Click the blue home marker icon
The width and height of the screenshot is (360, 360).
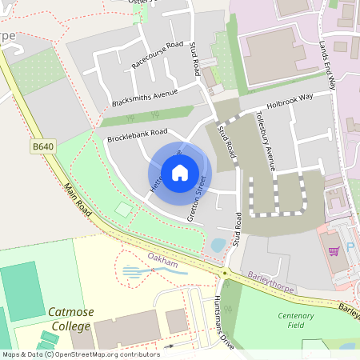tap(180, 172)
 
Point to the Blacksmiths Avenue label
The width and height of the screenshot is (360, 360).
tap(144, 98)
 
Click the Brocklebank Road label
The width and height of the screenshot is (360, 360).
tap(137, 136)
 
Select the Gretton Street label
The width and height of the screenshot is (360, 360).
tap(197, 197)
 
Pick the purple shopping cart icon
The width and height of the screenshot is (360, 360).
tap(334, 250)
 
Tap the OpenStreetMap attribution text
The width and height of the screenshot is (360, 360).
tap(80, 354)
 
